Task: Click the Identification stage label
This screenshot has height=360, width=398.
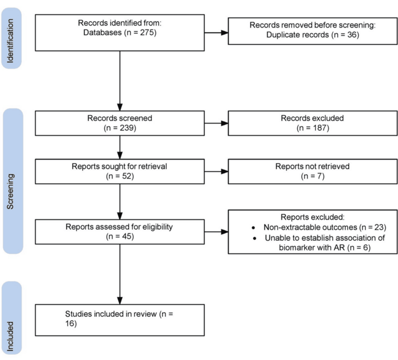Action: pos(10,41)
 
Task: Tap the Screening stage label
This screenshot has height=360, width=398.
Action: pos(10,192)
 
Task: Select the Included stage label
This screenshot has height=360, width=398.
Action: pos(10,337)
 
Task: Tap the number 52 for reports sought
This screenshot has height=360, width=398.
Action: pos(127,176)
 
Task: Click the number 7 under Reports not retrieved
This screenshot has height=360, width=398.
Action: pos(320,176)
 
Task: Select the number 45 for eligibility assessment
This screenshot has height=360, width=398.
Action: pos(127,236)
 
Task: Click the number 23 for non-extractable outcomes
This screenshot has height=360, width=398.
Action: pos(379,227)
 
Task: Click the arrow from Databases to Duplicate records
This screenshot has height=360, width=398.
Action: pos(216,32)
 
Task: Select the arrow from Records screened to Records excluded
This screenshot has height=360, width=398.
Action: pos(216,123)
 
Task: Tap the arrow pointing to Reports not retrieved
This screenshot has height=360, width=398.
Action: pos(216,171)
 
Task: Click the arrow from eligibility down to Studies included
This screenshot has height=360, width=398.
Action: pos(120,274)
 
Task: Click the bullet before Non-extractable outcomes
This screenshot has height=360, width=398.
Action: pos(253,227)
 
